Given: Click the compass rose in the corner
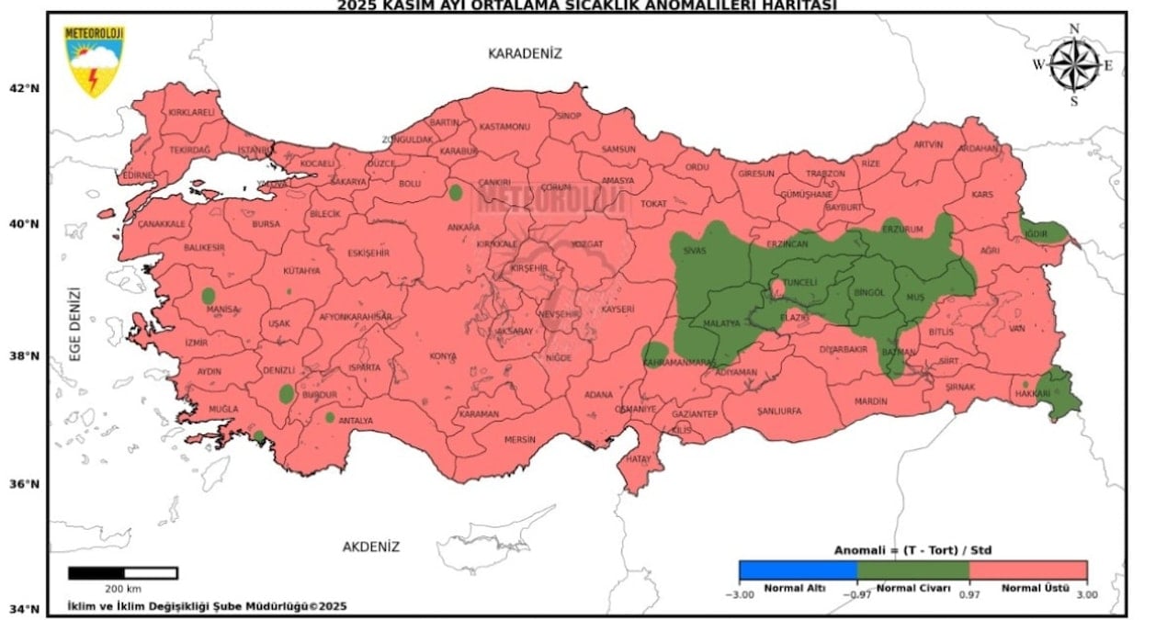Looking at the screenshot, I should click(1074, 64).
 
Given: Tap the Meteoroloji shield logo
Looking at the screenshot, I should click(94, 61).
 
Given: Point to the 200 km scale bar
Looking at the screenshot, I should click(122, 573).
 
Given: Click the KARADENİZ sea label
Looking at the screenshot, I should click(524, 53).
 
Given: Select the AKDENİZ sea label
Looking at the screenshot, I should click(371, 547).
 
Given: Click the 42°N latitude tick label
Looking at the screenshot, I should click(25, 88).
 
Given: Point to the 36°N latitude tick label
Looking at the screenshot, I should click(25, 484).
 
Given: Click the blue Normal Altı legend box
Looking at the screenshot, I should click(798, 570).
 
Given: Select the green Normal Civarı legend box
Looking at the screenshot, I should click(912, 570).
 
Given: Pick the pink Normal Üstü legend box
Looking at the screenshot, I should click(1028, 570).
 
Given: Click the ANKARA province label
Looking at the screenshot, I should click(464, 228).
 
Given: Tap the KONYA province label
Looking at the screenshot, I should click(443, 356).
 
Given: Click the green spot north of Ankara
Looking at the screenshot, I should click(455, 193).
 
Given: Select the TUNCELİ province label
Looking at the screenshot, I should click(798, 283).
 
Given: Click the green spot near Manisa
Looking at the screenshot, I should click(209, 296).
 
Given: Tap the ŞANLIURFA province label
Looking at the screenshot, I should click(779, 411).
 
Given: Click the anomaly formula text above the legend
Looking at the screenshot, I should click(912, 550).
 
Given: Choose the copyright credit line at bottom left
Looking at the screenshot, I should click(207, 605).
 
